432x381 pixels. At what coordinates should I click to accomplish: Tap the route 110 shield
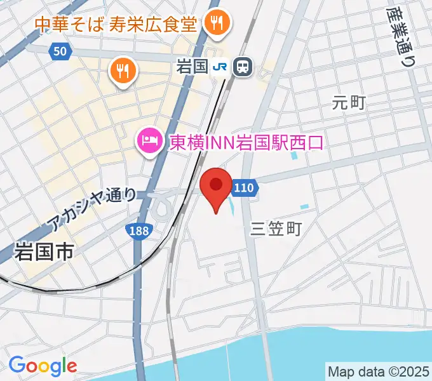pyautogui.click(x=245, y=187)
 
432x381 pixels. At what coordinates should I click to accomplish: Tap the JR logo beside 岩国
pyautogui.click(x=220, y=65)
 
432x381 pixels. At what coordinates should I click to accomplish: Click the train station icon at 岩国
pyautogui.click(x=241, y=65)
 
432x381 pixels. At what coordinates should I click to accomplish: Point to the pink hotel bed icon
pyautogui.click(x=149, y=140)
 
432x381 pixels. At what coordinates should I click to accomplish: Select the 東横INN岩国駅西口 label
pyautogui.click(x=246, y=141)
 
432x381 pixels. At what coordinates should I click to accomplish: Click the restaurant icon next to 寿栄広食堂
pyautogui.click(x=217, y=24)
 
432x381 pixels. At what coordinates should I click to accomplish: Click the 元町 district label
pyautogui.click(x=349, y=102)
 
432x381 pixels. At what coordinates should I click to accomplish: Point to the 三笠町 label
pyautogui.click(x=276, y=229)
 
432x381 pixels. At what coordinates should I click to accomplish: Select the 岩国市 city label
pyautogui.click(x=43, y=251)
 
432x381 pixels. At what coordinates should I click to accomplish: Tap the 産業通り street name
pyautogui.click(x=401, y=37)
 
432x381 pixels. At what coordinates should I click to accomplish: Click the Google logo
pyautogui.click(x=43, y=365)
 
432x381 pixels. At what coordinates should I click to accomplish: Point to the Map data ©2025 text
pyautogui.click(x=379, y=370)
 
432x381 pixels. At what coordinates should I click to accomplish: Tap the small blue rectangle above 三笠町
pyautogui.click(x=305, y=207)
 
